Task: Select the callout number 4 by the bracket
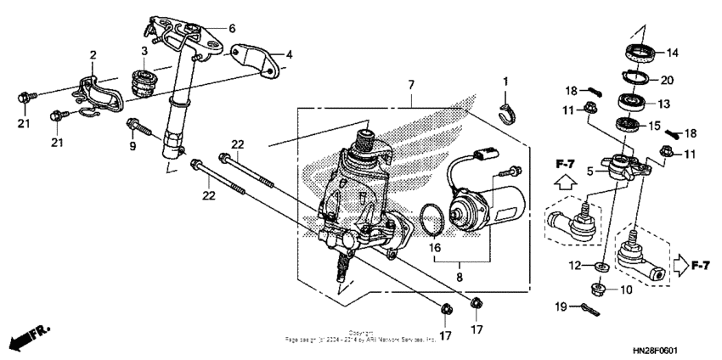289,55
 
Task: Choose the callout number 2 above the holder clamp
93,55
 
